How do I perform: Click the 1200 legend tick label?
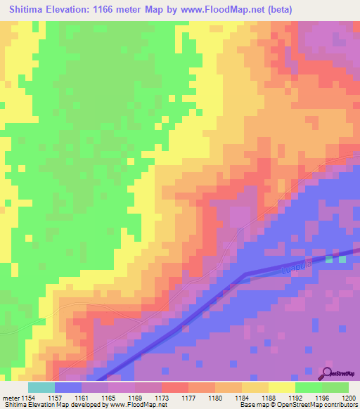click(349, 398)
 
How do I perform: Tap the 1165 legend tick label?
click(108, 398)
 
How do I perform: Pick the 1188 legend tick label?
click(269, 398)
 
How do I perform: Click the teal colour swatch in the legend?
click(41, 387)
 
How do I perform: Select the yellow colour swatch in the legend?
click(281, 387)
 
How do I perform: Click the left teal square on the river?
click(330, 259)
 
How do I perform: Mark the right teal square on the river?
click(342, 259)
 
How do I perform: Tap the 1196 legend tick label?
click(322, 398)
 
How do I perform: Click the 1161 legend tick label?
click(82, 398)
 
